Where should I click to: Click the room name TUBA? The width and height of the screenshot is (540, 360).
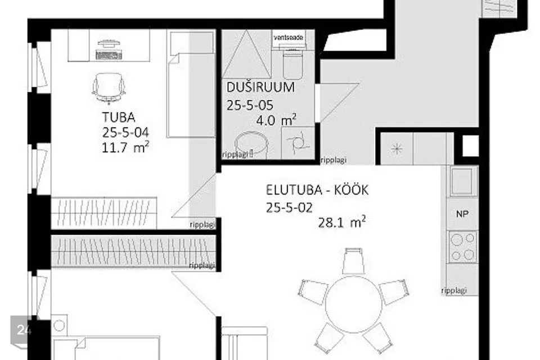119,118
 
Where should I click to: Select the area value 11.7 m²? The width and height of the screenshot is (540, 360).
125,147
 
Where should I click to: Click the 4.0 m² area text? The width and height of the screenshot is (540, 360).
276,119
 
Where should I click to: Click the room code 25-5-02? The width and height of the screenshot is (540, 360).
289,207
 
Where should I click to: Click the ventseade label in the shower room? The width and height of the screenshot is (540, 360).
288,38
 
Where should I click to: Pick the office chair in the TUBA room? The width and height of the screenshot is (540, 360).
109,88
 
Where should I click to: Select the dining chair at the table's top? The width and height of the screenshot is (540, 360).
352,260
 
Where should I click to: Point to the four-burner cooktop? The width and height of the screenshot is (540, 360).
462,246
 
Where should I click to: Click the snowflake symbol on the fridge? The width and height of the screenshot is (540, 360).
397,149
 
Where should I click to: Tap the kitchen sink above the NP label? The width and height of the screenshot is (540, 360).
462,182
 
